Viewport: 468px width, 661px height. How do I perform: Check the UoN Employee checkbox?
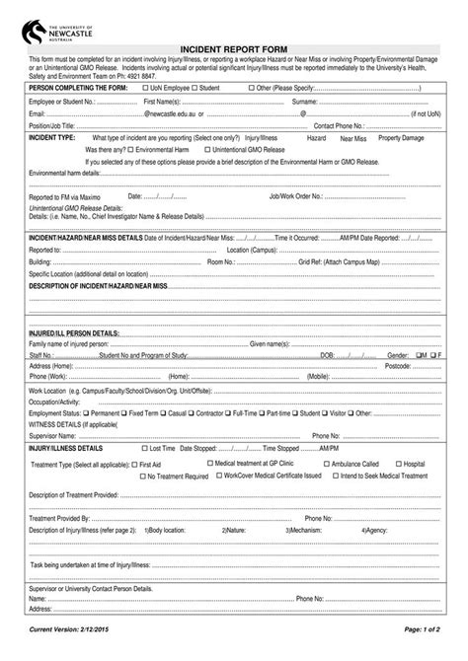click(146, 89)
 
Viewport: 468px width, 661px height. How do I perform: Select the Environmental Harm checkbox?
click(134, 148)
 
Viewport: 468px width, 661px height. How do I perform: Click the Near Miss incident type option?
click(353, 137)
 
